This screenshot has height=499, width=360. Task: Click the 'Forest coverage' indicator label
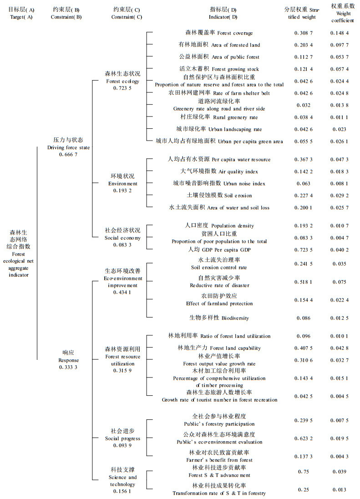click(x=219, y=33)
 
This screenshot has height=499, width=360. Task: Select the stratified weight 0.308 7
click(x=303, y=33)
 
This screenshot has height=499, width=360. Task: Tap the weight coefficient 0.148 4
click(x=340, y=33)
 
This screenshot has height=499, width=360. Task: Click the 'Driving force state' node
click(x=68, y=147)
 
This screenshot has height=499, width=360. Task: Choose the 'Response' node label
click(x=68, y=359)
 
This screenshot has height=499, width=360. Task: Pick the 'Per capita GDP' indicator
click(x=218, y=250)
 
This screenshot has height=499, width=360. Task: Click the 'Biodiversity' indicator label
click(x=219, y=318)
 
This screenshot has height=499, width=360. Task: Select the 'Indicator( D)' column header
click(x=223, y=13)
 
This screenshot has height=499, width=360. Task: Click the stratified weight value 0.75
click(x=303, y=472)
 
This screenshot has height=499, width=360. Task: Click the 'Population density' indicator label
click(x=219, y=226)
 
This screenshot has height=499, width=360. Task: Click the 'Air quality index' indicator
click(x=219, y=171)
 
